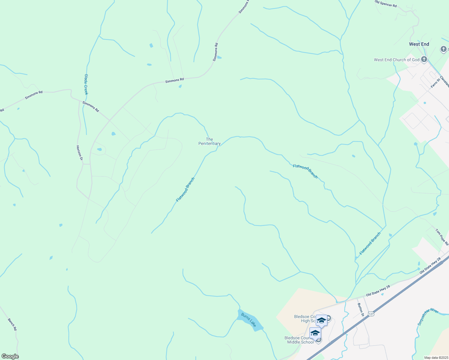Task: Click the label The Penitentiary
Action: [209, 141]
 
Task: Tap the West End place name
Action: [419, 44]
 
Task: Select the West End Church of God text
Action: [396, 60]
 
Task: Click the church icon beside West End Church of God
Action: [424, 59]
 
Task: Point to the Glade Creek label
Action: [86, 84]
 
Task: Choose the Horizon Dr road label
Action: [79, 153]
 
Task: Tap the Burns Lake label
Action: [249, 320]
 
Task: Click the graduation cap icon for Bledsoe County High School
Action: [321, 320]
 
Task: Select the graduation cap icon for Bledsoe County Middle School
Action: [315, 333]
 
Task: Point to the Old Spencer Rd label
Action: [386, 4]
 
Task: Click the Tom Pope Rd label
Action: [442, 237]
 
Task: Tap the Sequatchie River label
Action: [428, 316]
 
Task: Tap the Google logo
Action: [10, 356]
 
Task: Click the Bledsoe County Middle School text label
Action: [299, 340]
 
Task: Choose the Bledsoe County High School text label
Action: [304, 319]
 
